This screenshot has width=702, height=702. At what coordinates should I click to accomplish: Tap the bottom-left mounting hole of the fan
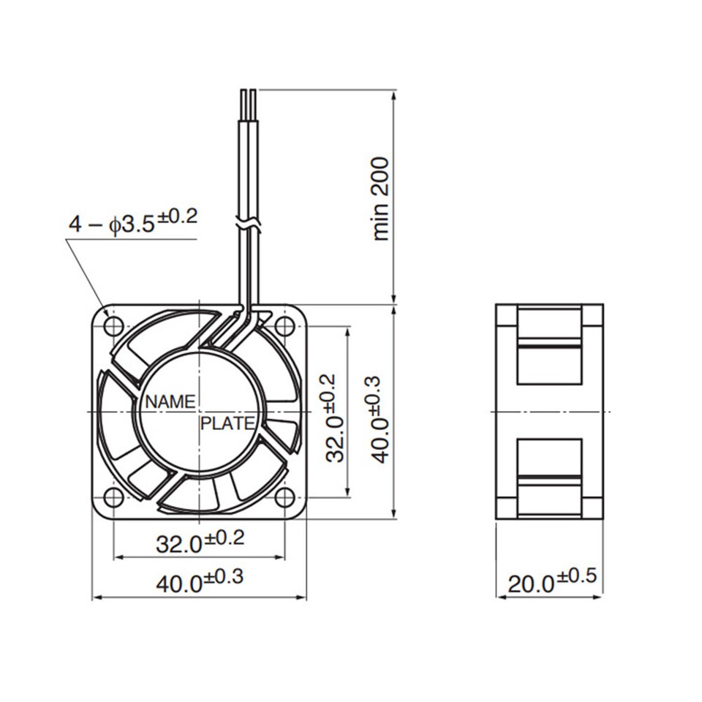(113, 497)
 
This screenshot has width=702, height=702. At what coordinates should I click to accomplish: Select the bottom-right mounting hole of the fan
(284, 497)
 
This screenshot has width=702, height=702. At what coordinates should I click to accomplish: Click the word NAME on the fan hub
(170, 401)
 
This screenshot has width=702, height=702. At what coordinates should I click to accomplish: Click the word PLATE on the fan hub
(227, 423)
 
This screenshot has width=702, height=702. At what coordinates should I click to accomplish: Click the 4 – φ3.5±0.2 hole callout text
(133, 222)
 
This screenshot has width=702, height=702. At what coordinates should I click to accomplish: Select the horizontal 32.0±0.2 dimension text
(200, 542)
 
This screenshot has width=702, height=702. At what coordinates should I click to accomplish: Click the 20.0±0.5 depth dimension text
(552, 581)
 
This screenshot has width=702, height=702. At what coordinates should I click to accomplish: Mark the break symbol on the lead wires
(247, 222)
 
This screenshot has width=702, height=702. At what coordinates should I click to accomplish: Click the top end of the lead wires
(248, 92)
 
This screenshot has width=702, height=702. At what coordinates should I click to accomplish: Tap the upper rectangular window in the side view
(549, 346)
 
